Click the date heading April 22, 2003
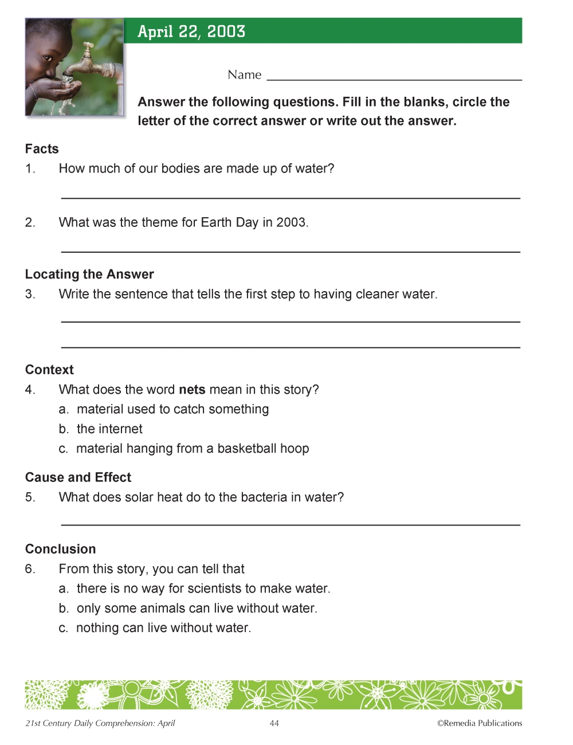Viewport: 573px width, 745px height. click(x=191, y=32)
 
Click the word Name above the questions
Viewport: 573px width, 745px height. click(x=244, y=75)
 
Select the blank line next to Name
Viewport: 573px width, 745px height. click(x=394, y=79)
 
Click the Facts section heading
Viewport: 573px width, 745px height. click(x=42, y=149)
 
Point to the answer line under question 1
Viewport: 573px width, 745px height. click(x=291, y=197)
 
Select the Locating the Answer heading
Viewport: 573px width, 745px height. click(x=89, y=275)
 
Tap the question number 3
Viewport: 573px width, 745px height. click(x=30, y=295)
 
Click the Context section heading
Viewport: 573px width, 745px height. click(x=49, y=370)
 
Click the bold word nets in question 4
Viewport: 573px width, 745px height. click(x=192, y=390)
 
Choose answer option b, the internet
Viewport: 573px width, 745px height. click(x=109, y=429)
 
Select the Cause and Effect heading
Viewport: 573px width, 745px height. click(x=78, y=477)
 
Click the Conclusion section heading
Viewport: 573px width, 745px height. click(x=60, y=549)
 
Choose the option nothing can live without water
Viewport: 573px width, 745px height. click(x=163, y=628)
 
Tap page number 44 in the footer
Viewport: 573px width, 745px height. click(x=274, y=724)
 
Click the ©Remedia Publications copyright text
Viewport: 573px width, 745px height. click(x=480, y=724)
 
